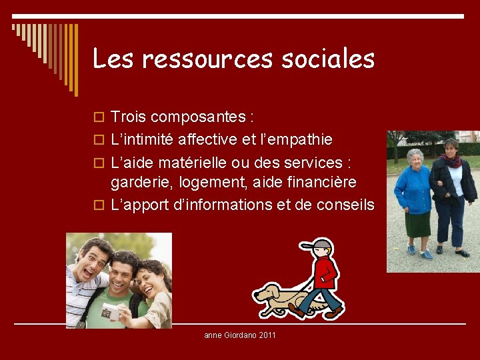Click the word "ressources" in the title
(x=207, y=59)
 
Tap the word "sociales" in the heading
(x=328, y=59)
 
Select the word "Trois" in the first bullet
(x=129, y=117)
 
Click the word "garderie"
(x=139, y=183)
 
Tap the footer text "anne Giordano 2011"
(x=239, y=335)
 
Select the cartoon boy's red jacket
(x=325, y=272)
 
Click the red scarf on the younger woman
(x=452, y=161)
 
